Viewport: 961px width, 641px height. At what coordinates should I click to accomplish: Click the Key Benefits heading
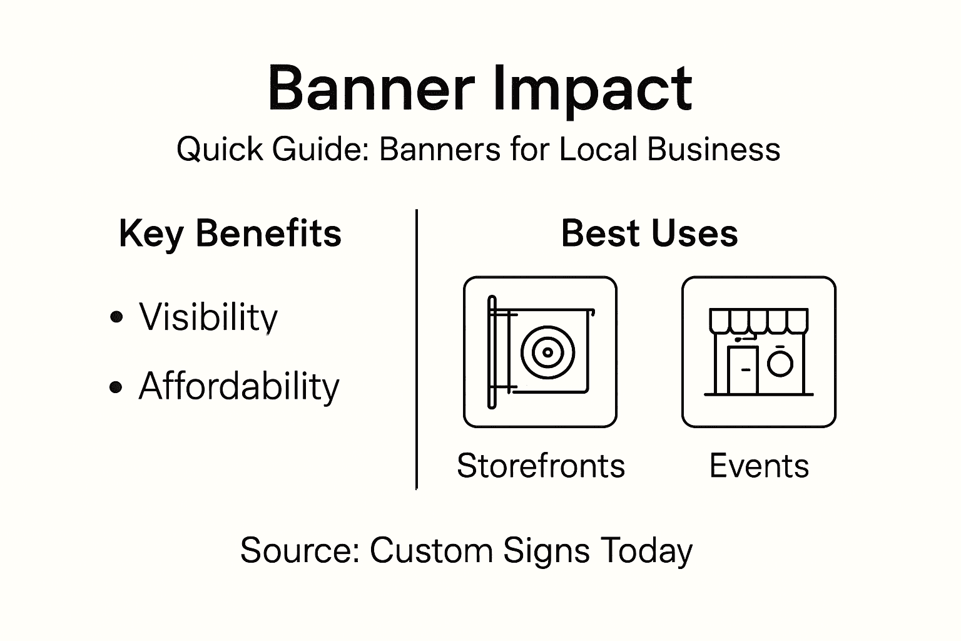coord(230,233)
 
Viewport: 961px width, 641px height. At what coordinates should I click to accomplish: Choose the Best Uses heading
coord(649,233)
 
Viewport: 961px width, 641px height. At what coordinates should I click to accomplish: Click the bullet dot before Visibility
coord(116,317)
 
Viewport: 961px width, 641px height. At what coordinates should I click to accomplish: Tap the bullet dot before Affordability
coord(116,387)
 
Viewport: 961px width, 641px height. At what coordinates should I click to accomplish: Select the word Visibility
coord(208,317)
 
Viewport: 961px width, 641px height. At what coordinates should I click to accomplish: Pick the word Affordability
coord(239,386)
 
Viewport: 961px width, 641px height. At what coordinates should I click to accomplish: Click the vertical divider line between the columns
coord(417,351)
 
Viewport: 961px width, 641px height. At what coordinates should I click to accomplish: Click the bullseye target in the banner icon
coord(547,352)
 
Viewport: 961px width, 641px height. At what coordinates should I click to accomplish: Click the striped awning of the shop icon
coord(758,320)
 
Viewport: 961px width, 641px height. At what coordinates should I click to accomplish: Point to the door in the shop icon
coord(744,370)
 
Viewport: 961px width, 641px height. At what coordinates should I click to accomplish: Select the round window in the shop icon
coord(780,363)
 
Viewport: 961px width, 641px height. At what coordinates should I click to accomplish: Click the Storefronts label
coord(541,466)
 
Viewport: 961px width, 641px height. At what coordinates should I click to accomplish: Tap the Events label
coord(759,466)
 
